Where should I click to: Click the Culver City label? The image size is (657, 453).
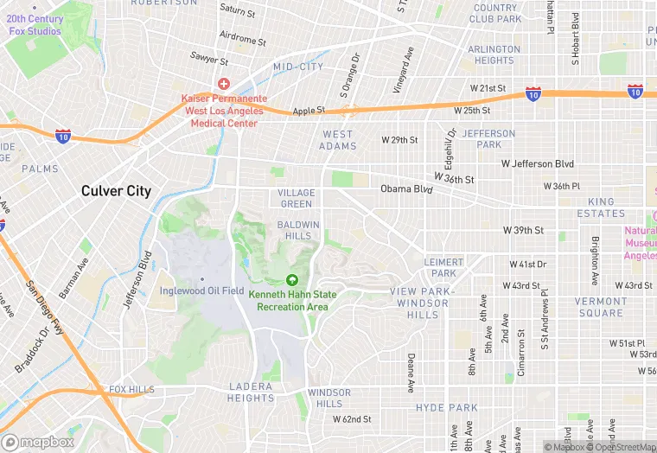pos(116,191)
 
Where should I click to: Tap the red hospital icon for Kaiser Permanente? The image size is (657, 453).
pos(223,84)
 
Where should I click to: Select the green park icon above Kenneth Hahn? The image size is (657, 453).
pos(292,280)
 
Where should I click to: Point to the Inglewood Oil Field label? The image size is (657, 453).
pos(202,290)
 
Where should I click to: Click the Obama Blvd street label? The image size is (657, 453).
pos(405,189)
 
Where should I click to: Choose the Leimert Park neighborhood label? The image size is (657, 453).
pos(444,267)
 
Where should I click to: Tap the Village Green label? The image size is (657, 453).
pos(296,198)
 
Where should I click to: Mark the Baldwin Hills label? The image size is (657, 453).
pos(298,230)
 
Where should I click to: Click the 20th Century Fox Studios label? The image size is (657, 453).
pos(35,25)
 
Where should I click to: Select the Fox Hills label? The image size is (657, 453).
pos(130,390)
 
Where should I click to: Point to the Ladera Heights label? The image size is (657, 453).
pos(252,392)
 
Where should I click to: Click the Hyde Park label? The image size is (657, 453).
pos(446,407)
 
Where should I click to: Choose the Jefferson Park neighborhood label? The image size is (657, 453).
pos(488,138)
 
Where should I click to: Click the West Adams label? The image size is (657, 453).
pos(337,140)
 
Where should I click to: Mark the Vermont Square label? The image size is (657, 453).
pos(601,307)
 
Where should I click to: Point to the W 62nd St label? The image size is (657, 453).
pos(352,419)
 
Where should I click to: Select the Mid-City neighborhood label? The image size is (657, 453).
pos(298,67)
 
